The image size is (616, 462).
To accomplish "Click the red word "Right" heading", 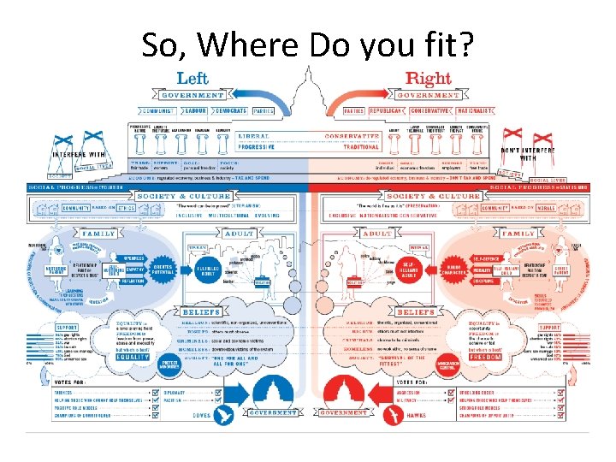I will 428,80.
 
